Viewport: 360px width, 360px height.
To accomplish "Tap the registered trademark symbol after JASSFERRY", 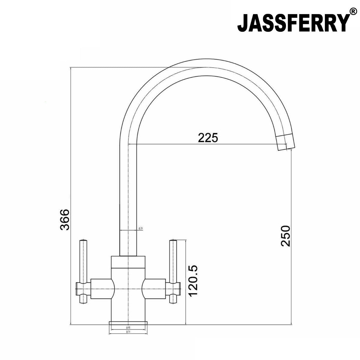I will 353,12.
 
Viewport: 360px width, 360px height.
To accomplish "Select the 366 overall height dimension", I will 65,220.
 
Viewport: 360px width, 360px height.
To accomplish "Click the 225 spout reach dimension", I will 207,138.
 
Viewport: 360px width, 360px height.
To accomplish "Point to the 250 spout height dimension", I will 285,236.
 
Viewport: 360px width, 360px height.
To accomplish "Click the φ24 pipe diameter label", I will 141,229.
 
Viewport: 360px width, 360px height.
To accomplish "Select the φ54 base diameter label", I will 128,332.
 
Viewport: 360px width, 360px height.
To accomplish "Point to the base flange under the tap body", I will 128,323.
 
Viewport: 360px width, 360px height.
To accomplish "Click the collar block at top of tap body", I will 128,262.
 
